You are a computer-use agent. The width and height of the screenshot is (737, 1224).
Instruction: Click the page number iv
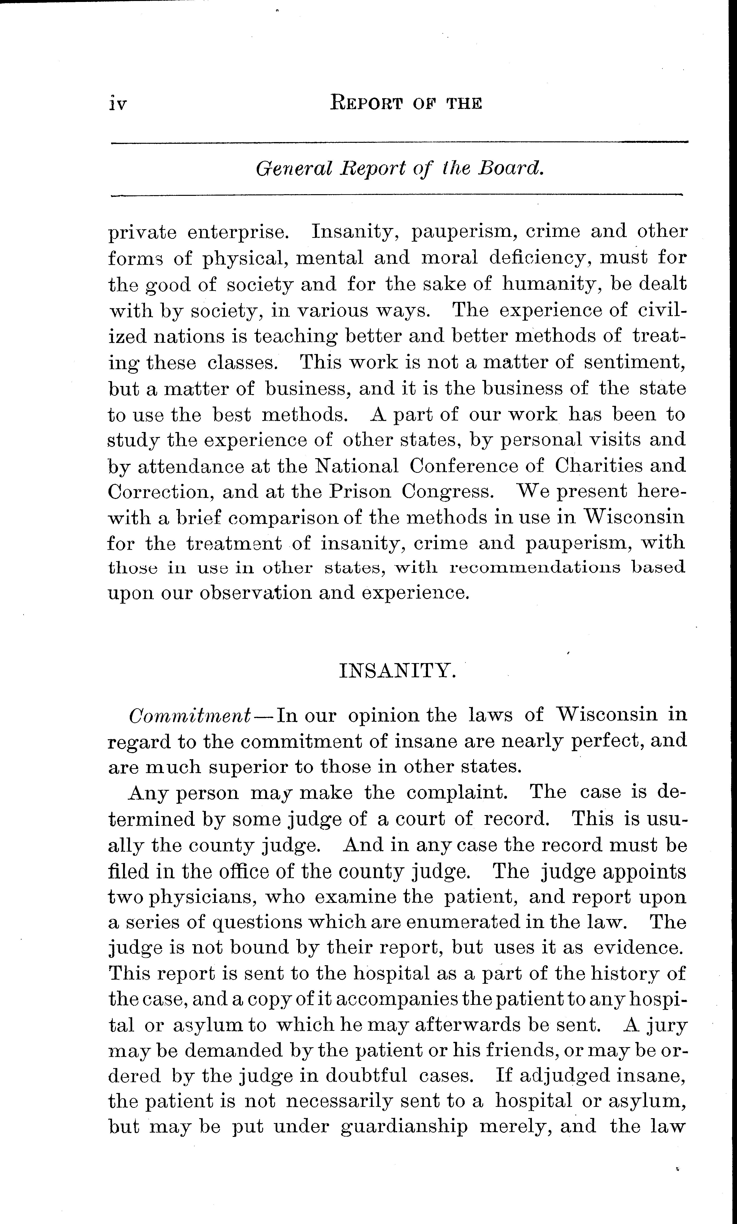point(118,104)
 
